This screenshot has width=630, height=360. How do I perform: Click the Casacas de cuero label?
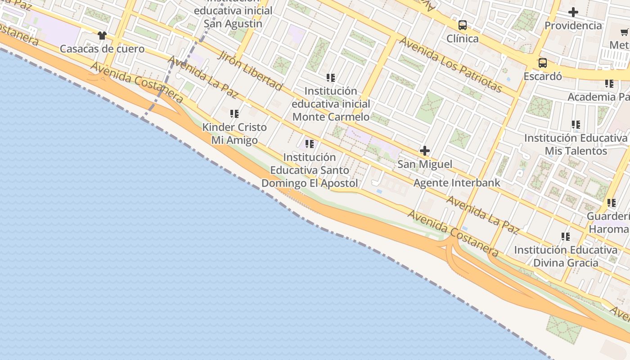(x=102, y=49)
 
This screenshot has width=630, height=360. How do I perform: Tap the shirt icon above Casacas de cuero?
(x=102, y=36)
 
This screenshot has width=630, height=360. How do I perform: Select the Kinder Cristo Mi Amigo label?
(x=234, y=134)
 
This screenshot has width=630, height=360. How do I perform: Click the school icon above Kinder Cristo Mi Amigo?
(x=234, y=114)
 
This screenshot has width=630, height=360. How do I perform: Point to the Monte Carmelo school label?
(x=331, y=104)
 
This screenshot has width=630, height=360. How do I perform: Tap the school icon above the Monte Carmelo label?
(x=331, y=78)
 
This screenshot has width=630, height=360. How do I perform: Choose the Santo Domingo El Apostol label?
(x=310, y=171)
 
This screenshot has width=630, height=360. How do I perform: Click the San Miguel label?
(x=425, y=164)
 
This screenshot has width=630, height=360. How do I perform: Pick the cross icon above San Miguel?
(x=424, y=151)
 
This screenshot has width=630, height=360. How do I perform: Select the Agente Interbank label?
(x=457, y=183)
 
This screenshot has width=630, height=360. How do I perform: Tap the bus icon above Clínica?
(x=463, y=25)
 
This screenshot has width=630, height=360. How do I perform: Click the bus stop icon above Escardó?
(x=543, y=63)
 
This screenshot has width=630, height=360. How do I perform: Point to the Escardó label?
(x=543, y=76)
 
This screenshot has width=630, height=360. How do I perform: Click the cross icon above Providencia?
(x=573, y=12)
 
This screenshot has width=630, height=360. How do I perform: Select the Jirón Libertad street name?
(x=250, y=71)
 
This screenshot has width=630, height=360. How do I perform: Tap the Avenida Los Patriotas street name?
(x=450, y=64)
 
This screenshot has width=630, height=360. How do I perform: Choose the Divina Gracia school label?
(x=566, y=256)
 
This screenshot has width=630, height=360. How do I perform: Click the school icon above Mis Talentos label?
(x=576, y=124)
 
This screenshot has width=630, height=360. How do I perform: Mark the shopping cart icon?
(x=625, y=32)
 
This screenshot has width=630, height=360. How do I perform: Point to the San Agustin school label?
(x=233, y=17)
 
